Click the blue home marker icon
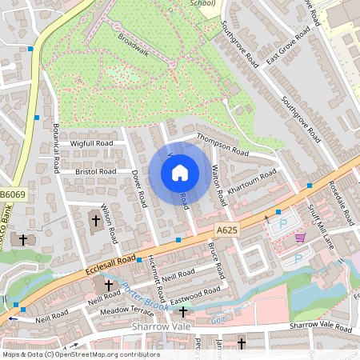tap(180, 173)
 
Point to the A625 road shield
tap(226, 230)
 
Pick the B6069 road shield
tap(12, 194)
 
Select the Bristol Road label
tap(96, 172)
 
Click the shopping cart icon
tap(300, 237)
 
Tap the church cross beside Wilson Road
tap(96, 219)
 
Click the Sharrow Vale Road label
tap(320, 326)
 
